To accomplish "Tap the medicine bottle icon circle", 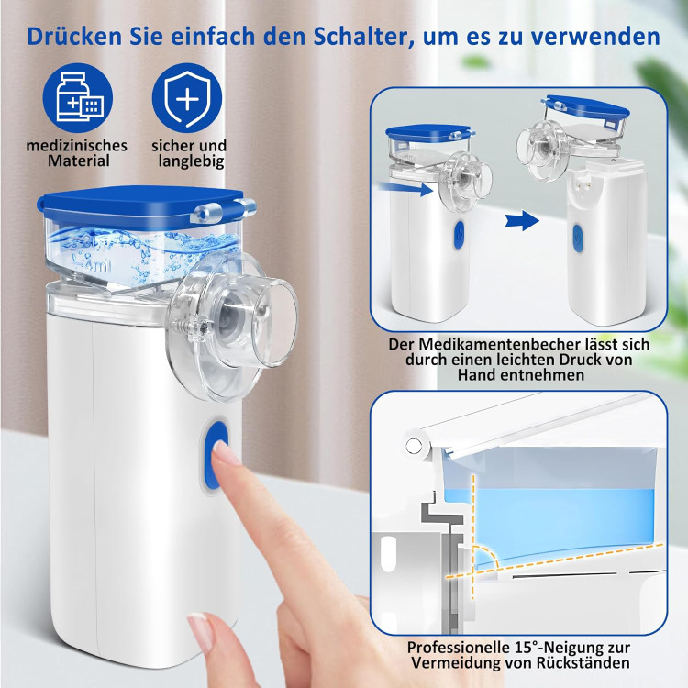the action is coord(78,98).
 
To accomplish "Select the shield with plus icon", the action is coord(187,98).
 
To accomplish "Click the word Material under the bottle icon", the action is coord(79,161).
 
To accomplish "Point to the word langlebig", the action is coord(192,161).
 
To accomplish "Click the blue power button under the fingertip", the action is coord(216,456).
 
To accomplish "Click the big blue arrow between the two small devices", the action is coord(522,221).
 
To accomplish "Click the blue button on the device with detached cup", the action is coord(578,239).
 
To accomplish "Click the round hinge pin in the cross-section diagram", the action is coord(414,446).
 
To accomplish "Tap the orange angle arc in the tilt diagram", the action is coord(488,554).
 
